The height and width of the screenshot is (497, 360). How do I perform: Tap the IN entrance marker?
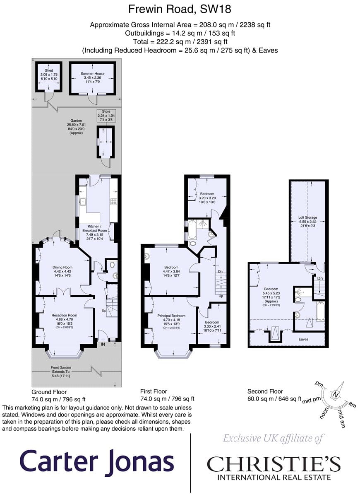102,343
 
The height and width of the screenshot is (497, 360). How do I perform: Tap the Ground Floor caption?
49,391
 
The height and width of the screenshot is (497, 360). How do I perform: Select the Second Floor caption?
265,391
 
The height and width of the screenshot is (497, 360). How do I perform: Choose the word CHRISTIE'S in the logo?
274,464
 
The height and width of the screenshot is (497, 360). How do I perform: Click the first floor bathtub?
192,230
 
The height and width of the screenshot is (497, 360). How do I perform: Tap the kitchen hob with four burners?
113,202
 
